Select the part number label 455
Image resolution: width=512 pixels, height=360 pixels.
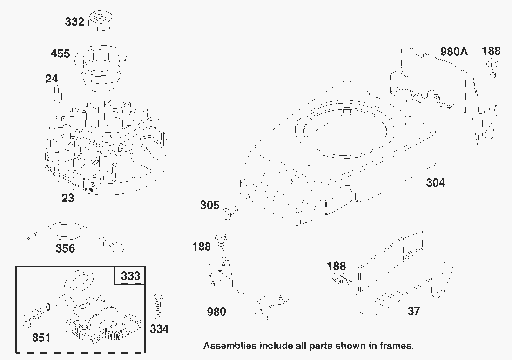coord(61,54)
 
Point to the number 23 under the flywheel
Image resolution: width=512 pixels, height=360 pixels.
coord(68,199)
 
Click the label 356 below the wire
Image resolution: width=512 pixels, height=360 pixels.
coord(65,248)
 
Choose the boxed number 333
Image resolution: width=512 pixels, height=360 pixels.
coord(130,276)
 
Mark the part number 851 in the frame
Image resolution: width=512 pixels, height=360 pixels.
coord(41,338)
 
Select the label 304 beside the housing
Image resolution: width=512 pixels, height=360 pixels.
coord(435,183)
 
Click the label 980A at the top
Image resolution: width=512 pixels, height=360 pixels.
coord(454,51)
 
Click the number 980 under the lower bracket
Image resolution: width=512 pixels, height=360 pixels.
coord(216,312)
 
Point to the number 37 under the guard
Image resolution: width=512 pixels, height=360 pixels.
coord(413,312)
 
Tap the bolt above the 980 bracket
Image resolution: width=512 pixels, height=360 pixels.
coord(221,242)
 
